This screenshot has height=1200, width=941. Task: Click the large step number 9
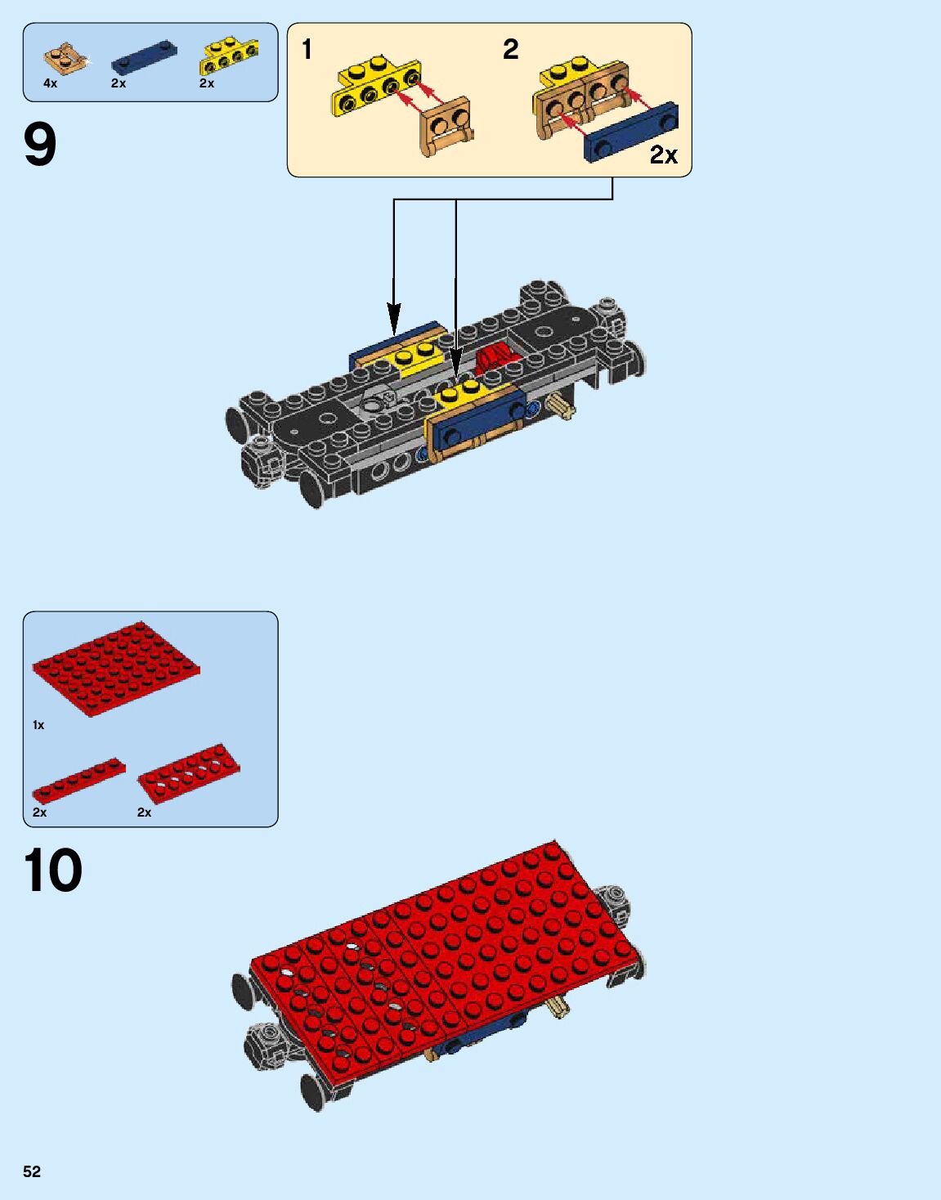tap(40, 145)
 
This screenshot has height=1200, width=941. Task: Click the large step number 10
tap(53, 871)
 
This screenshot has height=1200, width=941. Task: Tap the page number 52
tap(32, 1171)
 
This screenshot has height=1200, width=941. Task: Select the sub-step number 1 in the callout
tap(307, 50)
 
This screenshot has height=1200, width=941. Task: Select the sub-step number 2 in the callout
tap(510, 50)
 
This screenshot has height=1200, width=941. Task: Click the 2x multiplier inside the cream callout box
tap(663, 154)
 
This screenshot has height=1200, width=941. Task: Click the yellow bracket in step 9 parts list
tap(229, 57)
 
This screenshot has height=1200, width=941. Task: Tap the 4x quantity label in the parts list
tap(51, 83)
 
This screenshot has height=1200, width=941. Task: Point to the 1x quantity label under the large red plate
tap(38, 725)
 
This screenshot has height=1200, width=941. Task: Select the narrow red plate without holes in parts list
tap(79, 779)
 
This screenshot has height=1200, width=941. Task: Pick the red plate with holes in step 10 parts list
tap(189, 772)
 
